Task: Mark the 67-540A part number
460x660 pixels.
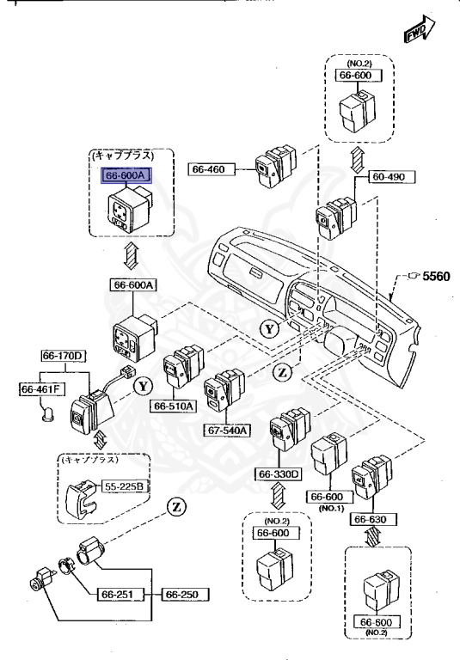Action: click(227, 431)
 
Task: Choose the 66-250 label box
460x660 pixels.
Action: click(183, 594)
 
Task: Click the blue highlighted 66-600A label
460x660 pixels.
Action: click(127, 175)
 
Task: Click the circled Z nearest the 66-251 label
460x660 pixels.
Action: click(177, 506)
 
